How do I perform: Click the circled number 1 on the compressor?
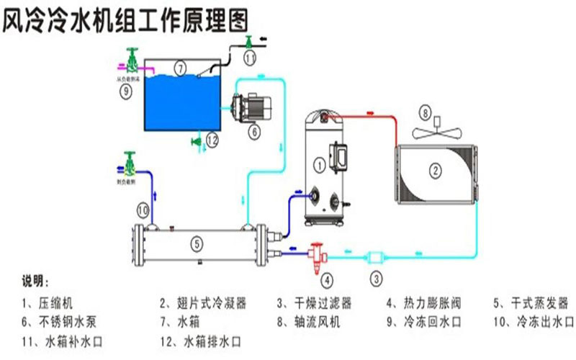[x=318, y=165]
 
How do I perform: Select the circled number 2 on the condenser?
[x=434, y=171]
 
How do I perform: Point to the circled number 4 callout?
[x=328, y=279]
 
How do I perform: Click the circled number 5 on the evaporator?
[x=196, y=243]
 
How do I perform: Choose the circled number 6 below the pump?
[x=254, y=132]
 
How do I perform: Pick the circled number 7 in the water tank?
[x=180, y=70]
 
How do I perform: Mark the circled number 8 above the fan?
[x=426, y=113]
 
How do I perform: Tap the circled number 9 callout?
[x=125, y=91]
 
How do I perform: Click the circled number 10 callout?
[x=143, y=210]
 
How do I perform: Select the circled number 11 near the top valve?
[x=249, y=55]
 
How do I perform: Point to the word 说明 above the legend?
[x=35, y=281]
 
